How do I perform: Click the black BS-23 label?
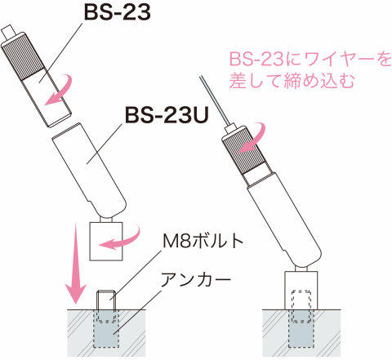pos(118,12)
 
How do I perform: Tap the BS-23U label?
pos(167,115)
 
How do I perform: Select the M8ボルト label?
pos(203,241)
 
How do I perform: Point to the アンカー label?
pos(196,279)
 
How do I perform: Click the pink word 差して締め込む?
pos(292,81)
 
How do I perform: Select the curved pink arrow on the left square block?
pos(120,238)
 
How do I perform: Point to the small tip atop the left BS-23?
pos(9,30)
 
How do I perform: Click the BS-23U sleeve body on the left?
pos(89,170)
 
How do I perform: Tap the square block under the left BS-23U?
pos(106,241)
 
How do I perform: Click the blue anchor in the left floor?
pos(106,328)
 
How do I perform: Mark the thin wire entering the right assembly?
pos(214,100)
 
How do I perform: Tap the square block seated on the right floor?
pos(301,290)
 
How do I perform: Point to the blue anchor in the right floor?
pos(301,328)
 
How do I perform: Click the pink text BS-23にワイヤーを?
pos(310,59)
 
